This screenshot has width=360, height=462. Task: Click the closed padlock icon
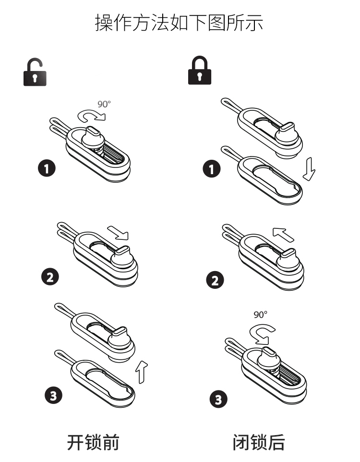click(200, 71)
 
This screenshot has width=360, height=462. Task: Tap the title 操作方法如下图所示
click(179, 23)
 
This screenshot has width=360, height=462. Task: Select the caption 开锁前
click(93, 442)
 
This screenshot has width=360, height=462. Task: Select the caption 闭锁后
click(259, 442)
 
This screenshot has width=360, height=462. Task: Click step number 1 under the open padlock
click(47, 168)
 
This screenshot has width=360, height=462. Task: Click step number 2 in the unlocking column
click(50, 277)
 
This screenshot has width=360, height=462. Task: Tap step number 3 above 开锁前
click(53, 395)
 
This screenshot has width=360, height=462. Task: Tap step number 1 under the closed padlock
click(211, 169)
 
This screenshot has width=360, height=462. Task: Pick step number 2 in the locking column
click(215, 280)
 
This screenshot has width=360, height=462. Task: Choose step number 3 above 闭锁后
click(218, 399)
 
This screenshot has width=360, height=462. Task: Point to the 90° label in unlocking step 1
click(104, 104)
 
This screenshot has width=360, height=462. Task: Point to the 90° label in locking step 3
click(260, 315)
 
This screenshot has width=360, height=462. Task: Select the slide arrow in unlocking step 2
click(118, 233)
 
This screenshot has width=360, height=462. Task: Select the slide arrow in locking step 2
click(283, 234)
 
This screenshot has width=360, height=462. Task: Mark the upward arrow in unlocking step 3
click(142, 372)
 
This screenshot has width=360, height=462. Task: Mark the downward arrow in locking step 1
click(309, 169)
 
